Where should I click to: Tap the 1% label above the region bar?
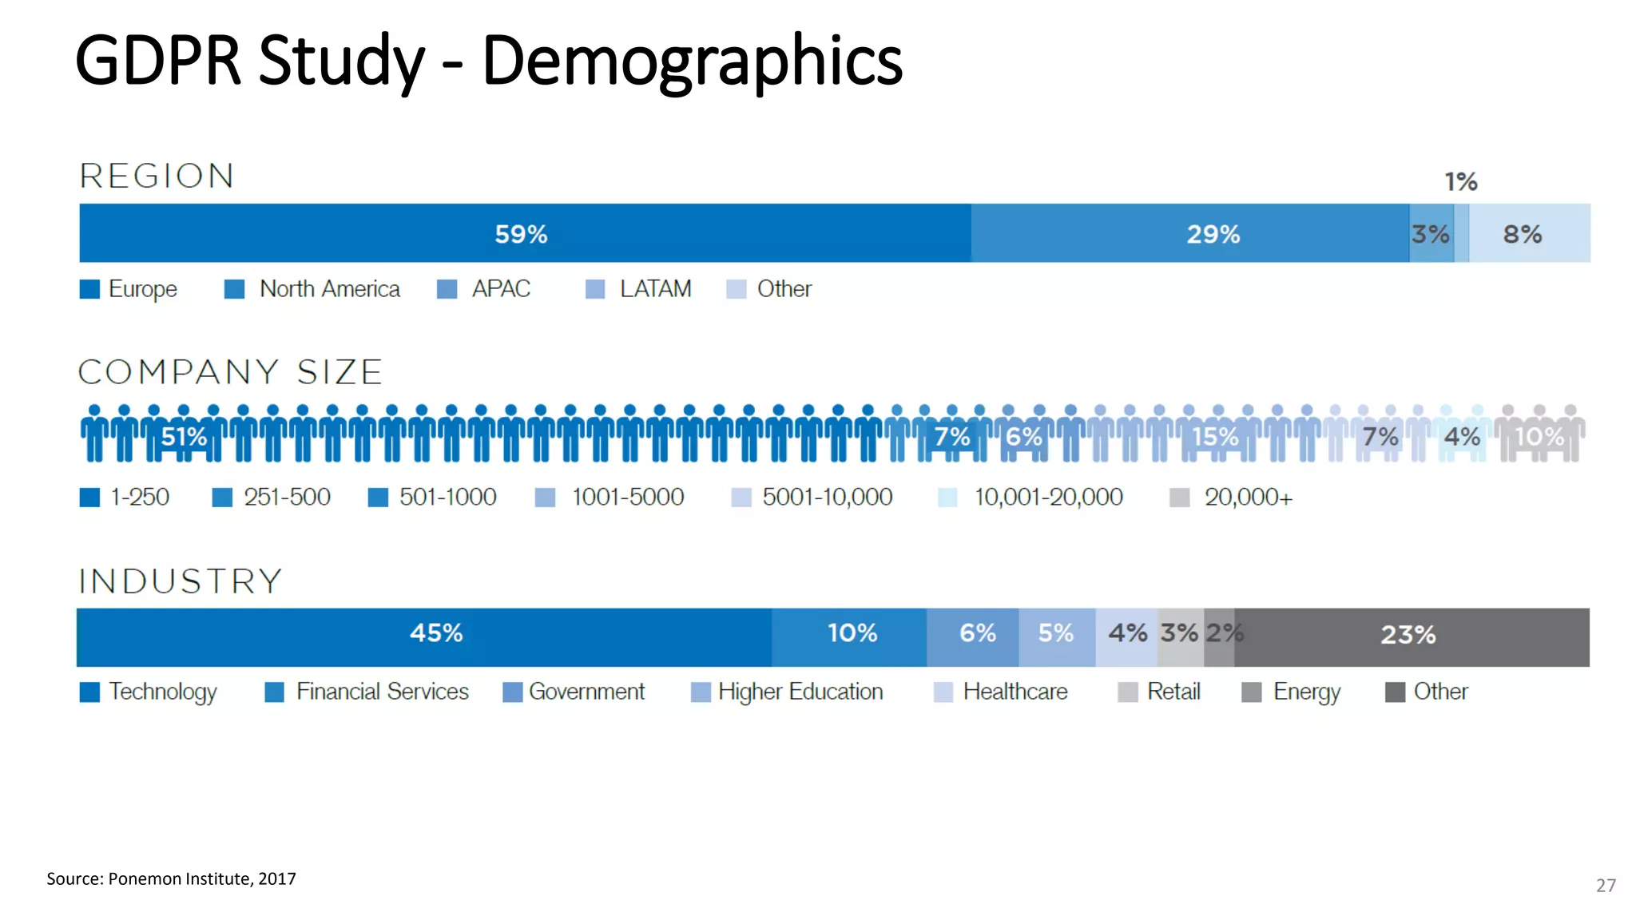pos(1460,182)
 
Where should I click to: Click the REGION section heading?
pos(157,176)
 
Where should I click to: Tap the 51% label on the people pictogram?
pos(184,437)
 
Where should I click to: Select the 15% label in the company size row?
pos(1215,437)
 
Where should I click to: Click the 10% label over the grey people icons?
pos(1539,437)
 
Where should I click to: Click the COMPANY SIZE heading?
pos(230,373)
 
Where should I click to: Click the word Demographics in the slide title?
pos(692,61)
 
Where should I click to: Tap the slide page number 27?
pos(1606,885)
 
